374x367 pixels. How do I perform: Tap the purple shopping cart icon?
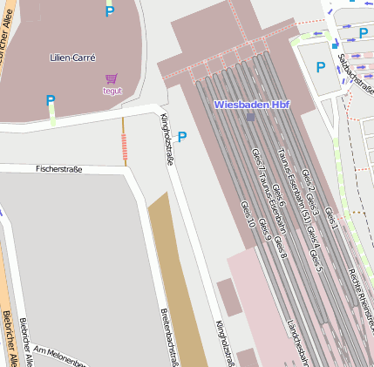point(111,79)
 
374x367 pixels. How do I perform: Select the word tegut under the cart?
point(112,91)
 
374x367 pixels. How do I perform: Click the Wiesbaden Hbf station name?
point(251,105)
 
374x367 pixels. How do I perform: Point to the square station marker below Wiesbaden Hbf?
point(251,116)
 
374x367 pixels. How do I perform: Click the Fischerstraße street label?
point(58,168)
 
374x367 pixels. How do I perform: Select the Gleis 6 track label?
point(277,196)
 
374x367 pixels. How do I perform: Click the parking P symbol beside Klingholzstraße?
point(182,137)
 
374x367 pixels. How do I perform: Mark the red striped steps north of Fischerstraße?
point(124,150)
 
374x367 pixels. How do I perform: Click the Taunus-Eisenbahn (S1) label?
point(295,187)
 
